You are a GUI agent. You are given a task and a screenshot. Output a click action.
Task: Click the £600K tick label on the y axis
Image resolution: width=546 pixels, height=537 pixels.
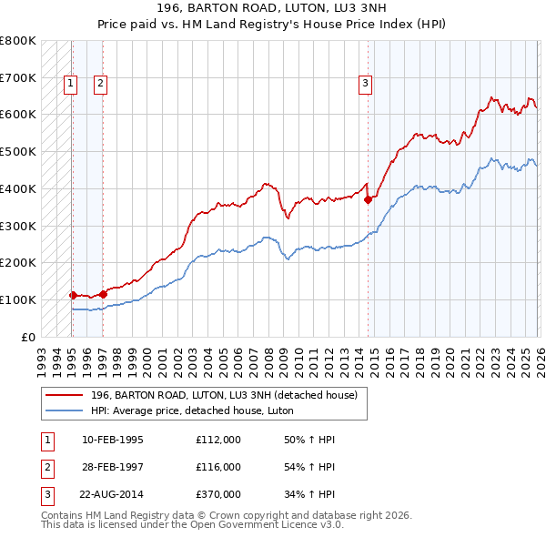click(x=18, y=115)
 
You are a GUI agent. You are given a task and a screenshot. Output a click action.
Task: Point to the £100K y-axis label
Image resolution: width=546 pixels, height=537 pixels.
click(x=18, y=299)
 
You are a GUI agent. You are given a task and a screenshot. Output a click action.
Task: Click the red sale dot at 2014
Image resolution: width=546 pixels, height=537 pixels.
click(x=369, y=200)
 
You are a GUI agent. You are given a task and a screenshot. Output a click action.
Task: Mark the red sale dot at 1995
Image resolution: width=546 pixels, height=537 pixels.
click(x=73, y=295)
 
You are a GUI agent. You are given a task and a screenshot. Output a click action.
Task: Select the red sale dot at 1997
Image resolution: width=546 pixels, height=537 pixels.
click(x=104, y=293)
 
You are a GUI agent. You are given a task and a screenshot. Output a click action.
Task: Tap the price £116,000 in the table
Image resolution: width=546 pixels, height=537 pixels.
click(x=218, y=467)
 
